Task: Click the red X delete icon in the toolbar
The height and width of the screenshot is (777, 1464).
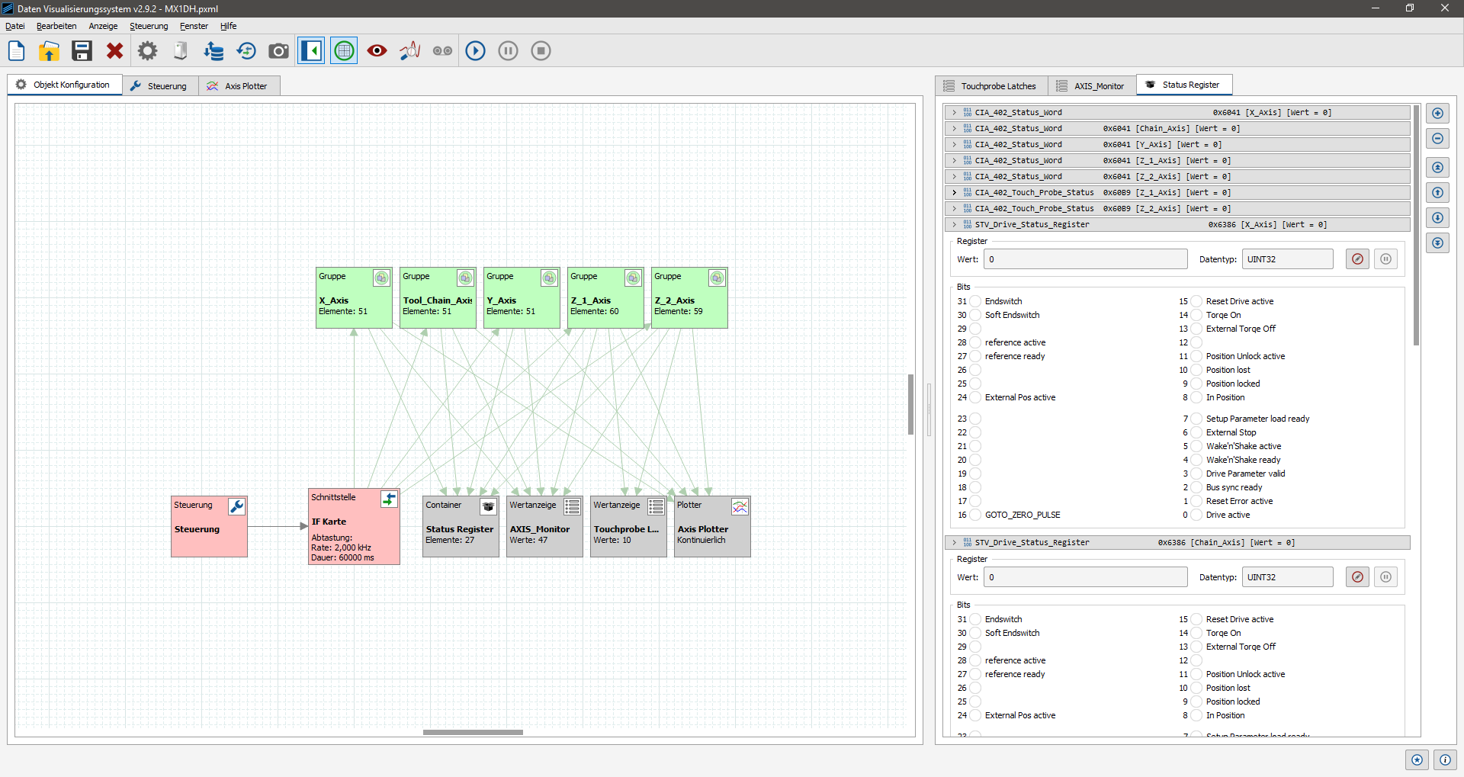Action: (114, 51)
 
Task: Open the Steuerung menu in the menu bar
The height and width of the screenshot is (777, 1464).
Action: (149, 26)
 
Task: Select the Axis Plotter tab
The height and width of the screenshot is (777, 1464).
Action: (239, 86)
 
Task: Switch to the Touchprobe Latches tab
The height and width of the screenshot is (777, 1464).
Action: (991, 86)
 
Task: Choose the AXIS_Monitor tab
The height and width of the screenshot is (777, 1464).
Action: (1091, 86)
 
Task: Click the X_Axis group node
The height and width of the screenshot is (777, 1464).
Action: (354, 297)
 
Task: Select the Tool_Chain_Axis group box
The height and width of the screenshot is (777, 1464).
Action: (438, 297)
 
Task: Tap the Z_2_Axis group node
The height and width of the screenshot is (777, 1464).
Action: (689, 297)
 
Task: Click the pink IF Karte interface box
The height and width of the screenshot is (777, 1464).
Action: (354, 526)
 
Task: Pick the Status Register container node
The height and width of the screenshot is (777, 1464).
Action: (461, 526)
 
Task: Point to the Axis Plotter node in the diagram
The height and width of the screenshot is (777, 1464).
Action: (712, 526)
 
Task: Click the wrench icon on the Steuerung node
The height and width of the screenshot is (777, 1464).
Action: (237, 506)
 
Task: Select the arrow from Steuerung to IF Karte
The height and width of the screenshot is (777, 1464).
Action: (278, 526)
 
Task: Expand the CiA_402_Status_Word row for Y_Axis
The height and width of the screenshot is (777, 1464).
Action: (954, 144)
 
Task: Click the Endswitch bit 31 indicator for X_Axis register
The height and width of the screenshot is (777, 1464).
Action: (975, 301)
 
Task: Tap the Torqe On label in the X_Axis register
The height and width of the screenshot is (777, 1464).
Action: (1223, 315)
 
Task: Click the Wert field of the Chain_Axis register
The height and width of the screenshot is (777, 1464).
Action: (1085, 577)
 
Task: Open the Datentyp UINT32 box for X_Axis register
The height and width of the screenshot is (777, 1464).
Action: (1287, 259)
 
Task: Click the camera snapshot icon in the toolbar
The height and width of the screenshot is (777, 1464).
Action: (278, 51)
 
